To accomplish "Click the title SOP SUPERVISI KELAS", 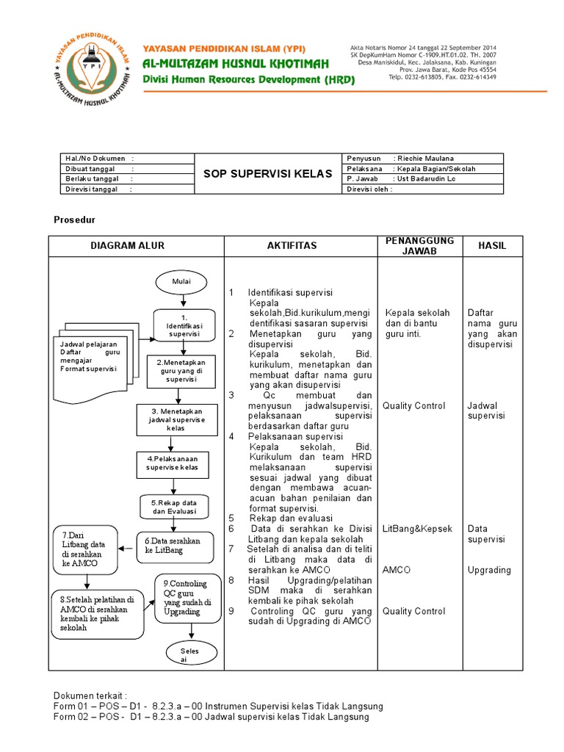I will point(267,173).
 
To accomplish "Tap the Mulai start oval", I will point(181,281).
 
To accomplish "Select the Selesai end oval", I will point(182,654).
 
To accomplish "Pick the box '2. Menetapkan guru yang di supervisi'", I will point(181,370).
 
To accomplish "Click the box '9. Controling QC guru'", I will point(187,597).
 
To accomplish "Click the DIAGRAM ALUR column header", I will point(128,245).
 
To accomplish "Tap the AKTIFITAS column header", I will point(292,245).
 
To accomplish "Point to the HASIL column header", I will point(492,245).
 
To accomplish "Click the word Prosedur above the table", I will point(75,220).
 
